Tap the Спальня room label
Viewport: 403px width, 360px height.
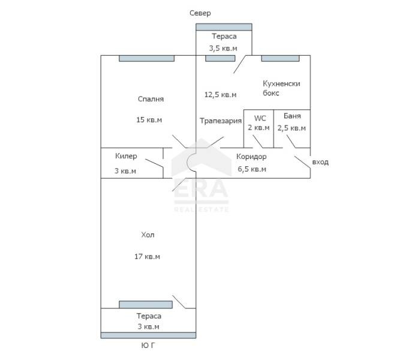coord(151,99)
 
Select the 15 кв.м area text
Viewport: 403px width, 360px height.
coord(149,120)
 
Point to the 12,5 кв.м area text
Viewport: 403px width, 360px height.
coord(220,95)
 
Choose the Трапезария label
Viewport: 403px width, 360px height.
coord(221,121)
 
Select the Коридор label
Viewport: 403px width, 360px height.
coord(251,157)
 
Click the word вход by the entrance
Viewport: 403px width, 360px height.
coord(320,162)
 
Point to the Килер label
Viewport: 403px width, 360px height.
coord(126,156)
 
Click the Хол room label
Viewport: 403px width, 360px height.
coord(148,235)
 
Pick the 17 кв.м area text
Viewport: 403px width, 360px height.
coord(147,257)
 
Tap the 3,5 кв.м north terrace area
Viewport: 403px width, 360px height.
coord(222,48)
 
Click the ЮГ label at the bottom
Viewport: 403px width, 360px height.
coord(148,346)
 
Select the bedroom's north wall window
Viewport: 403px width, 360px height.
coord(146,58)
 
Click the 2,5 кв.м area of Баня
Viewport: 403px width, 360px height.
coord(291,128)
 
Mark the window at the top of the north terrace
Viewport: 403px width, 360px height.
coord(224,27)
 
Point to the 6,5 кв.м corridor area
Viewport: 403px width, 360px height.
coord(252,169)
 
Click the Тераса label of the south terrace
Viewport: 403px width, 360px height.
coord(148,316)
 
